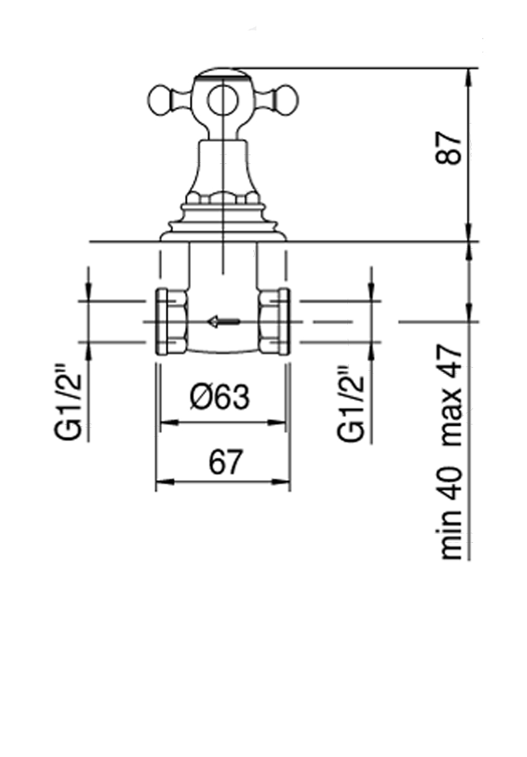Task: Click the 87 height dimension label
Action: [x=450, y=148]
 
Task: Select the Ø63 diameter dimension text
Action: [x=219, y=398]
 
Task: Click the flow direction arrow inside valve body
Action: [x=223, y=321]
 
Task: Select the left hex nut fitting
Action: [x=171, y=321]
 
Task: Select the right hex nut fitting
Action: [x=273, y=321]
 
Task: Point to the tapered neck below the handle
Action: [x=223, y=167]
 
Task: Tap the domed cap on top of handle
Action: [x=222, y=73]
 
